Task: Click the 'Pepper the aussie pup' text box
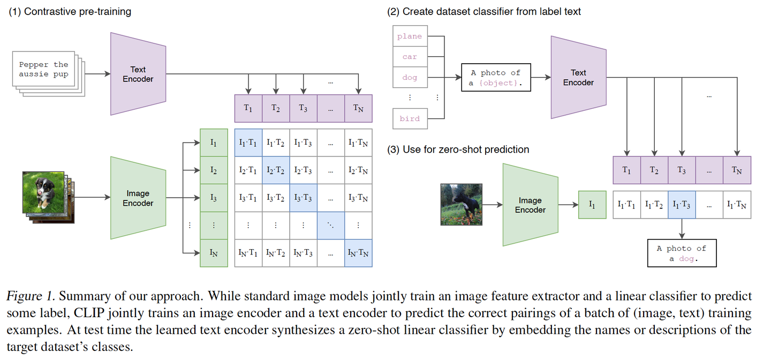point(44,69)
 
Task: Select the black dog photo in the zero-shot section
point(461,204)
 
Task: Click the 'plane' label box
point(410,36)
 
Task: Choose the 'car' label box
point(410,57)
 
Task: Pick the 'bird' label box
point(410,118)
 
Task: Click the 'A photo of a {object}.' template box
point(496,78)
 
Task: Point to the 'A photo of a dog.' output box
point(681,253)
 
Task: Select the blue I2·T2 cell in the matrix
point(275,170)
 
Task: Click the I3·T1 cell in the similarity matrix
point(248,198)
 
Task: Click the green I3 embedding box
point(214,198)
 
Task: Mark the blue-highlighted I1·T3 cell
point(682,205)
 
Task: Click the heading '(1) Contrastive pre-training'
point(70,11)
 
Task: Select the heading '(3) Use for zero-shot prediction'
point(458,149)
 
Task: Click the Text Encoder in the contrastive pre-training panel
point(138,74)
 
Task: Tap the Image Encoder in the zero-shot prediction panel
point(530,205)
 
